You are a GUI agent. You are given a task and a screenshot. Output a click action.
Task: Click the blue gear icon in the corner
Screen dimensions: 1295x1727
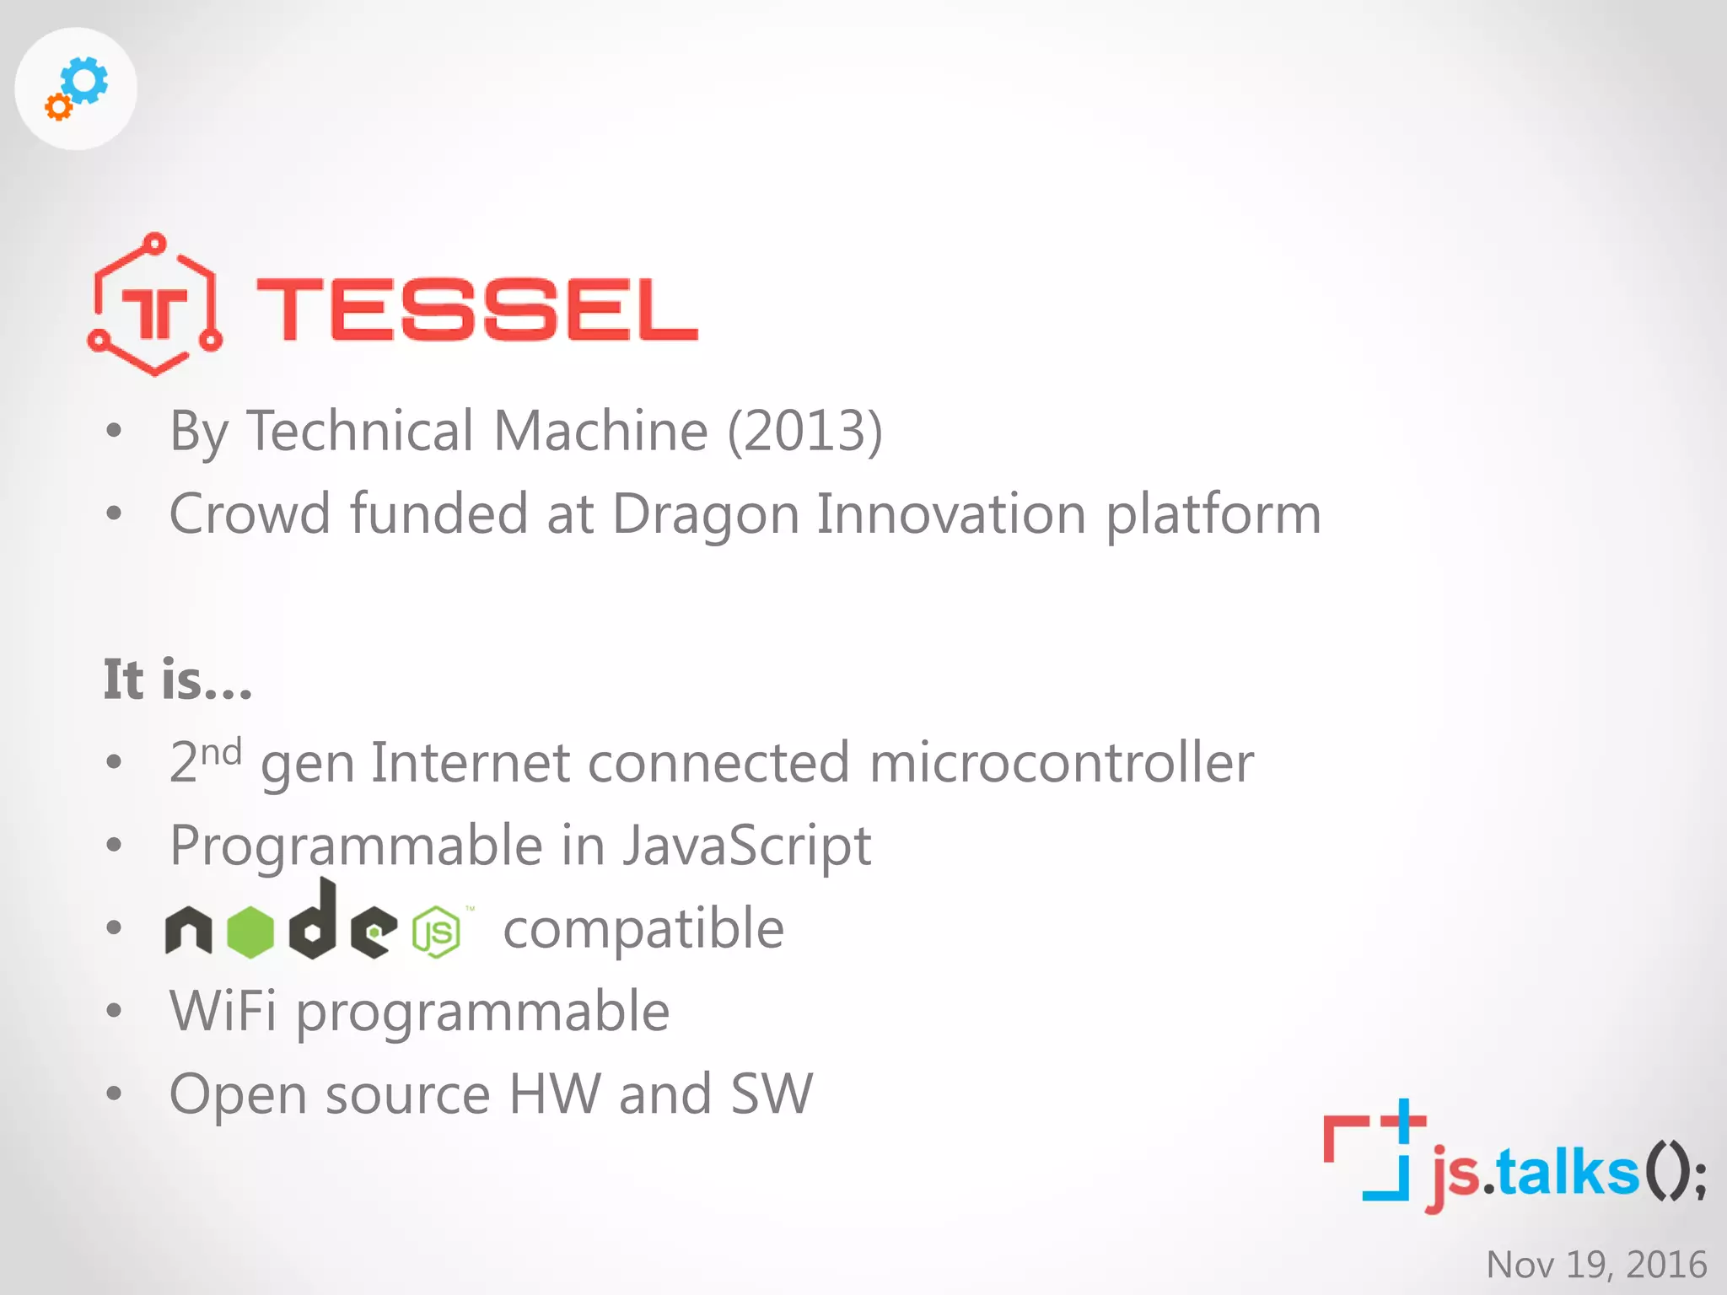tap(84, 80)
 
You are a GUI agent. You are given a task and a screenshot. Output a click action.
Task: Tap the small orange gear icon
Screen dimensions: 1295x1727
tap(58, 107)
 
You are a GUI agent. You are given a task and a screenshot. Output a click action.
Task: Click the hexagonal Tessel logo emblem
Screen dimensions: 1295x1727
tap(155, 304)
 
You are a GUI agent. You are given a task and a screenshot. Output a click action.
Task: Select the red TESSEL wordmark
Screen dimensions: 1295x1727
tap(477, 310)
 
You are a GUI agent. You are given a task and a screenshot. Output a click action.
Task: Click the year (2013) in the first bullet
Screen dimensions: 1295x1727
tap(804, 431)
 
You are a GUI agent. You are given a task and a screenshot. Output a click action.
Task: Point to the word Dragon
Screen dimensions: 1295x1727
tap(705, 514)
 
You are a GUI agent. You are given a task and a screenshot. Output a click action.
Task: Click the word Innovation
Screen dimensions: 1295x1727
tap(951, 513)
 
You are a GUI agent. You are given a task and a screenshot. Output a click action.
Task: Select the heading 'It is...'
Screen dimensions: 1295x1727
tap(178, 680)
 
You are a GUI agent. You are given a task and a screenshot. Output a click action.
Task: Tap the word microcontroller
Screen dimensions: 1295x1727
tap(1061, 763)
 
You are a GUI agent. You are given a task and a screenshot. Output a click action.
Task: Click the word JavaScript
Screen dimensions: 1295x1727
tap(746, 846)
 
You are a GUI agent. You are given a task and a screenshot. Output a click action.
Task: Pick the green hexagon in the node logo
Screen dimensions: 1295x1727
tap(250, 932)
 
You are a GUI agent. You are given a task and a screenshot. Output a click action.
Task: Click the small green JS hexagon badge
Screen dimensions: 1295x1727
tap(437, 932)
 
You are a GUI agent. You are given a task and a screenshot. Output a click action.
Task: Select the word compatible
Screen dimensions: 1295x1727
tap(643, 929)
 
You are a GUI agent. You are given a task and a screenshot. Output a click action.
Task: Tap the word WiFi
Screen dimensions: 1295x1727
tap(223, 1011)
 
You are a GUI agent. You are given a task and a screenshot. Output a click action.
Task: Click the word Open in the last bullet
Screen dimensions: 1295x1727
tap(238, 1094)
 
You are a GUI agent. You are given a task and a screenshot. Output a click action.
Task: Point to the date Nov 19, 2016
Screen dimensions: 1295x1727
tap(1595, 1265)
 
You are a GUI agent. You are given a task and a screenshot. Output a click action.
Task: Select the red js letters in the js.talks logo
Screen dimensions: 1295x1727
tap(1455, 1175)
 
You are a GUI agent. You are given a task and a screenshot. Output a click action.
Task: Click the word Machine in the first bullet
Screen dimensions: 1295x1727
tap(600, 431)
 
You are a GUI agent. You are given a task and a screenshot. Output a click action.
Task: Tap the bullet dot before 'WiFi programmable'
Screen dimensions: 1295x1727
tap(115, 1011)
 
